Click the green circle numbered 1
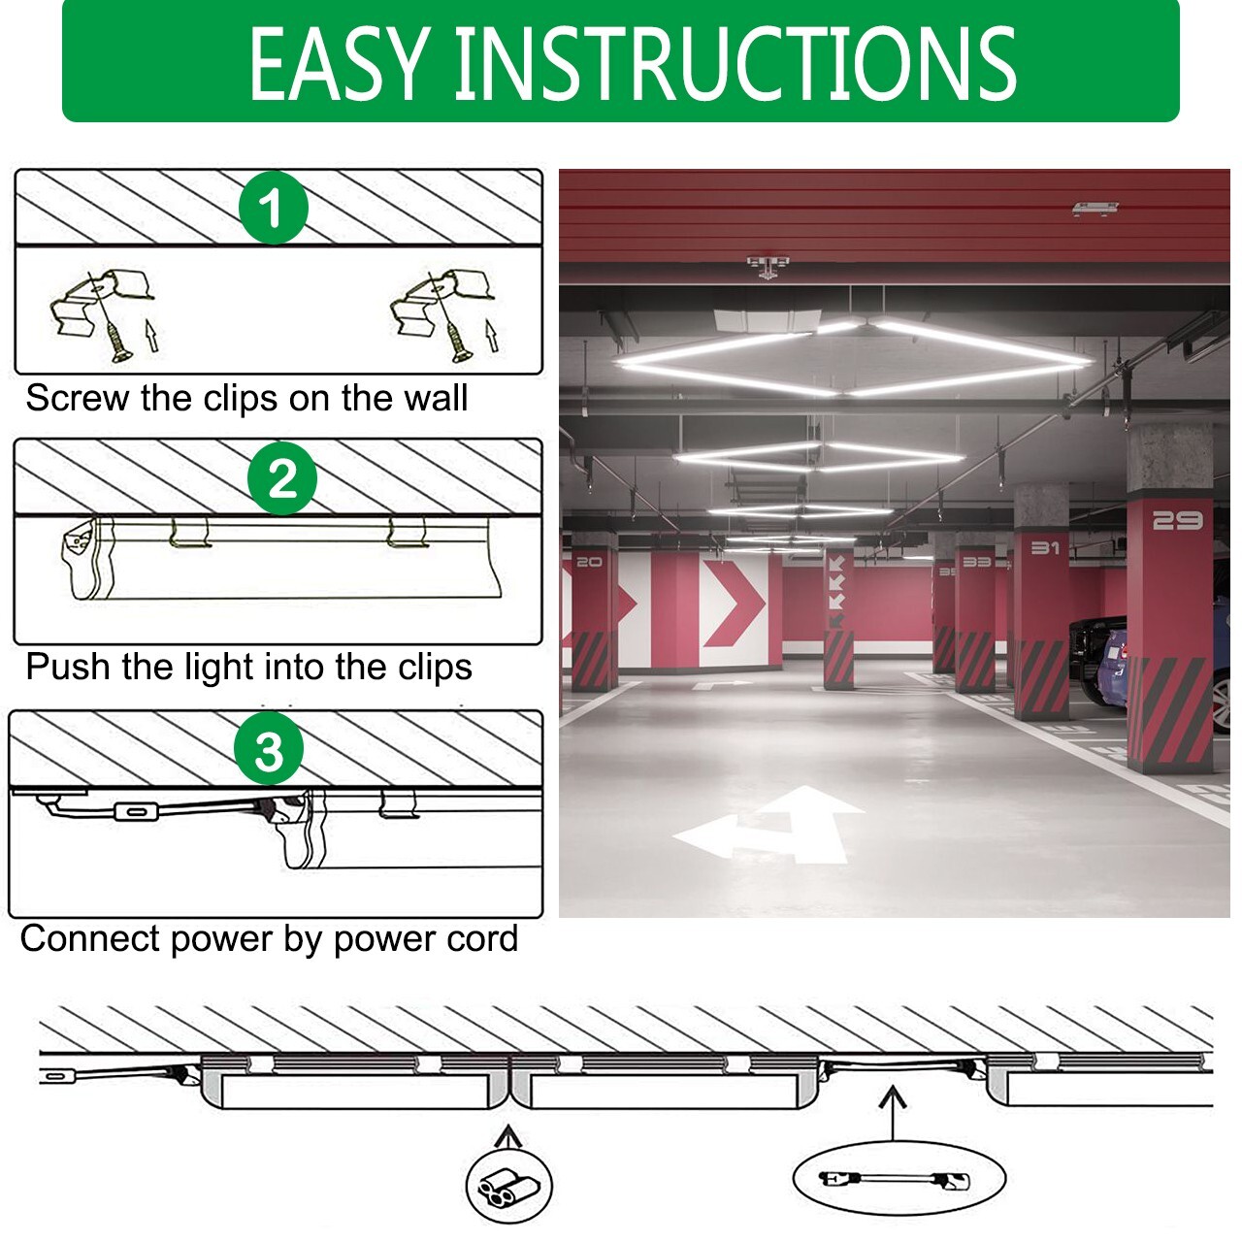click(274, 208)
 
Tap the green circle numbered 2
click(282, 478)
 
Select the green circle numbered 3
click(269, 750)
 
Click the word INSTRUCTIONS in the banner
click(735, 64)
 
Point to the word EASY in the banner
click(340, 64)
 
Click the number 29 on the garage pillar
click(1177, 521)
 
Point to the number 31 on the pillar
click(1045, 548)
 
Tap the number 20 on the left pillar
click(589, 562)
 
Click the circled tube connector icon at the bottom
click(509, 1186)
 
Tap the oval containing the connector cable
click(899, 1179)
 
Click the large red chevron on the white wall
click(735, 603)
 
